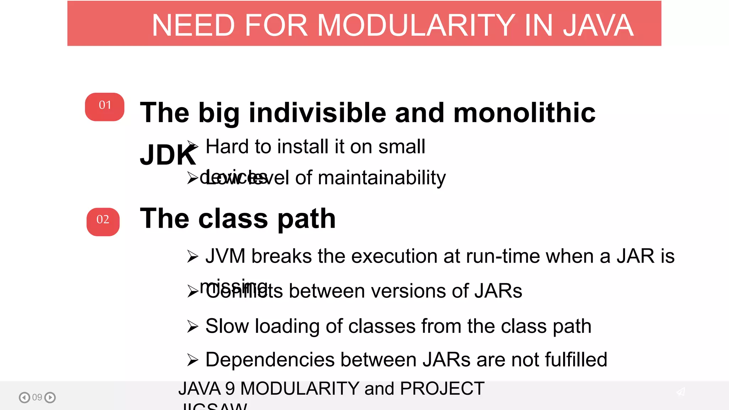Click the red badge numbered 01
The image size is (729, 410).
[x=105, y=107]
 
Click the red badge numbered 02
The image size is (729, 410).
[x=103, y=222]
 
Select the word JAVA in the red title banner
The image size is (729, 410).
[x=598, y=25]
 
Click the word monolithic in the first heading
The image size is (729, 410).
[x=524, y=113]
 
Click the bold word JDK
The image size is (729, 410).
[x=168, y=155]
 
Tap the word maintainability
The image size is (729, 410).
[x=382, y=178]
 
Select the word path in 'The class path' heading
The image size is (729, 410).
[x=306, y=219]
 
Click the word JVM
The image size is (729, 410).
[x=225, y=256]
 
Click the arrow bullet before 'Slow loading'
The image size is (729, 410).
[x=193, y=326]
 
